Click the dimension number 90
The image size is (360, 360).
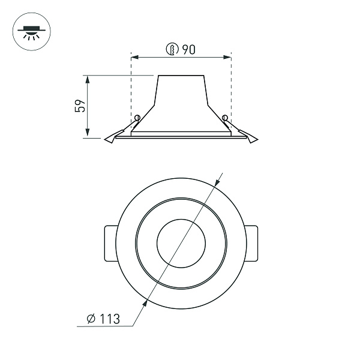tap(188, 50)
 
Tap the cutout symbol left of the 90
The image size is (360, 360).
tap(173, 50)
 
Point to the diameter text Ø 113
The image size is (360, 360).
tap(103, 319)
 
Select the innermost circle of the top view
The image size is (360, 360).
tap(181, 243)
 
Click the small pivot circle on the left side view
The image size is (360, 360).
tap(137, 117)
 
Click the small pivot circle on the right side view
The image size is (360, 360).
tap(224, 117)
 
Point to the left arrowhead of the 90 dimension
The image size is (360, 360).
tap(133, 58)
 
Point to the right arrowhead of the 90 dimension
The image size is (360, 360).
tap(229, 58)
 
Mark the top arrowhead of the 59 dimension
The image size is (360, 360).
tap(88, 79)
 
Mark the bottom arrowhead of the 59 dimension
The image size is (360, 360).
tap(88, 135)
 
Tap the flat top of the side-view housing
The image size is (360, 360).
tap(181, 76)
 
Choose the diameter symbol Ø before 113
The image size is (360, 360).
tap(90, 319)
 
